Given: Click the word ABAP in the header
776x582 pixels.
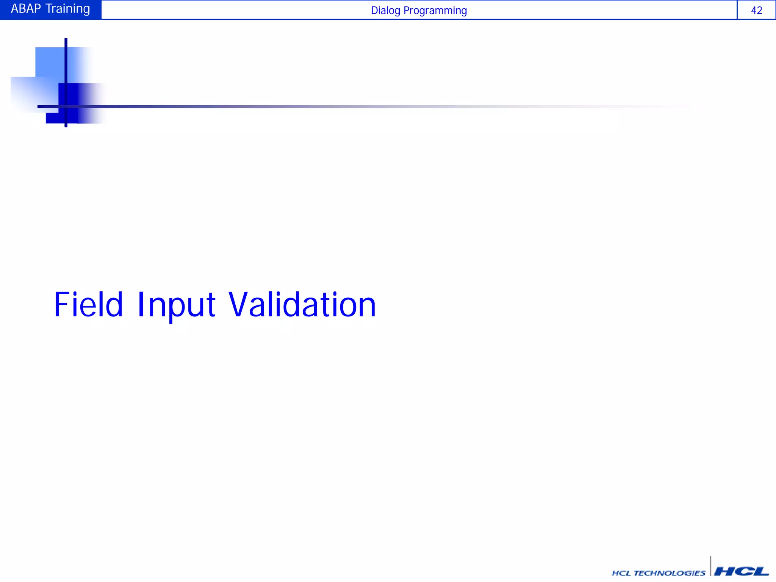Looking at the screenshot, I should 26,9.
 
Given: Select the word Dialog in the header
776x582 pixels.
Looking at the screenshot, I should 385,11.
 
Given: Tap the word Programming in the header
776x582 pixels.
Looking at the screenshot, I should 435,11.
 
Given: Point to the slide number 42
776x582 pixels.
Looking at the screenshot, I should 756,11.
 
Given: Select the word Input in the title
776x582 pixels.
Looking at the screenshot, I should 176,305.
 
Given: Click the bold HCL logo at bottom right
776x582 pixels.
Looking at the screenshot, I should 741,571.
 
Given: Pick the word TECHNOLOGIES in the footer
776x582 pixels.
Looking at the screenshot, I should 670,573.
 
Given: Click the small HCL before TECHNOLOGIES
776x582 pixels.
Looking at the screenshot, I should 621,573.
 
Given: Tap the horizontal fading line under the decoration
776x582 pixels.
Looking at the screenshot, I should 303,106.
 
